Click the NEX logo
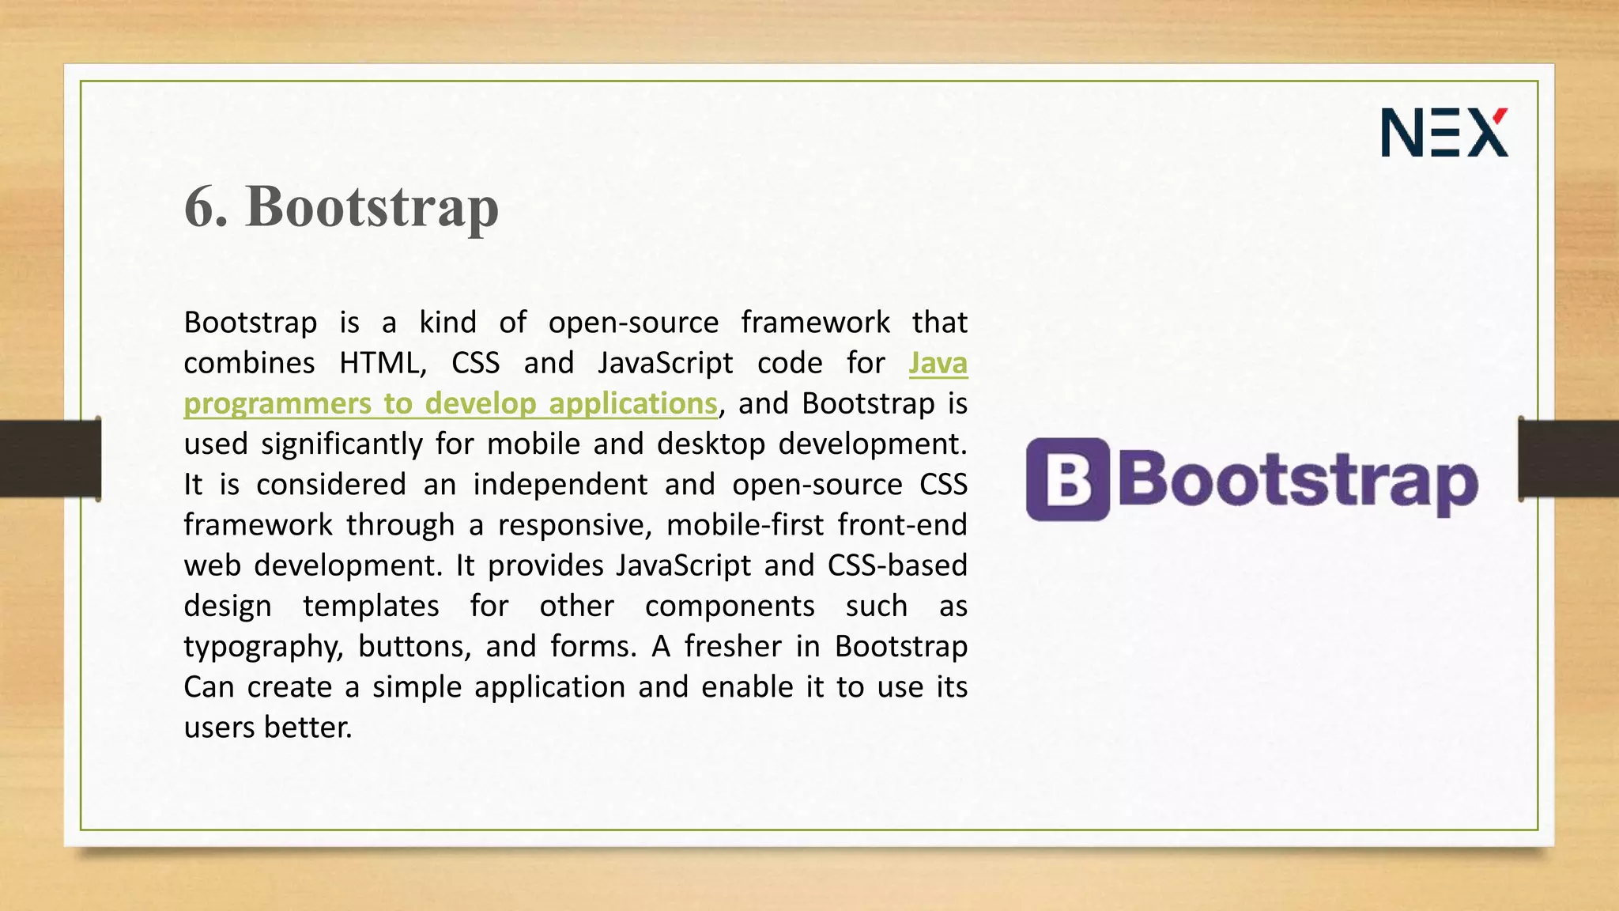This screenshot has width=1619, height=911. [1444, 132]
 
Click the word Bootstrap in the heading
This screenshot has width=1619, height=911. [372, 207]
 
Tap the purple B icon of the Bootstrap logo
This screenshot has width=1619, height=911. [1067, 479]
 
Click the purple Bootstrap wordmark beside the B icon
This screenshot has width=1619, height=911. [1296, 481]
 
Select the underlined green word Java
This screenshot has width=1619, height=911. [938, 363]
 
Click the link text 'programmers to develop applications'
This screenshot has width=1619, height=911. [451, 403]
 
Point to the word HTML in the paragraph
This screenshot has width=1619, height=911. [382, 363]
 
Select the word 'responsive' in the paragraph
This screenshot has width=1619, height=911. [574, 525]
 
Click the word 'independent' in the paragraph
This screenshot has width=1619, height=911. [560, 484]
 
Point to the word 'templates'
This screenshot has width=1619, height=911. [371, 606]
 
